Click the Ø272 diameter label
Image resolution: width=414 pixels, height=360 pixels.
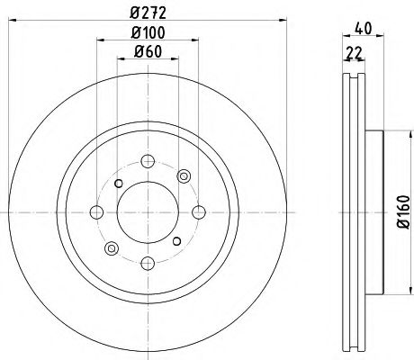tap(147, 13)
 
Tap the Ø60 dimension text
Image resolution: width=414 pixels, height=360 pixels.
tap(147, 53)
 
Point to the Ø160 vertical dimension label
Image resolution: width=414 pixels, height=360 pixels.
tap(402, 215)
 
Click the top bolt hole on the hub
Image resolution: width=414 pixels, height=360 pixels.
tap(146, 162)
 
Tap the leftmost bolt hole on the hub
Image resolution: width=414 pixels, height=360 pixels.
tap(95, 212)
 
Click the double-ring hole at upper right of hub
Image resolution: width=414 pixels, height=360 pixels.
tap(184, 175)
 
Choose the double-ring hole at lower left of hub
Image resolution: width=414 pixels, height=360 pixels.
tap(111, 248)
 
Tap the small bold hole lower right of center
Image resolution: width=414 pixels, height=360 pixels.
tap(177, 241)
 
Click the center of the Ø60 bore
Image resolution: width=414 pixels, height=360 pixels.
tap(146, 212)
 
